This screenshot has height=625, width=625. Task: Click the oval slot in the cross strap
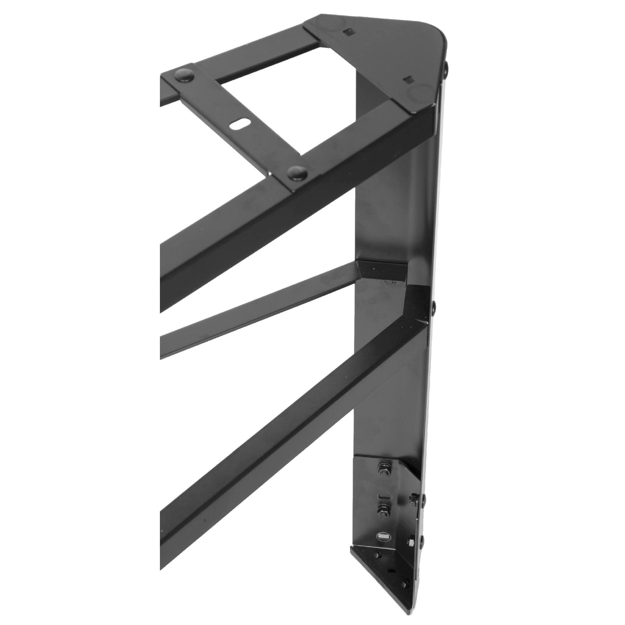click(240, 124)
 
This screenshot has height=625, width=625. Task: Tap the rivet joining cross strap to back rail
click(183, 76)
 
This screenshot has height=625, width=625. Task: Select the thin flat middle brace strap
click(259, 312)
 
